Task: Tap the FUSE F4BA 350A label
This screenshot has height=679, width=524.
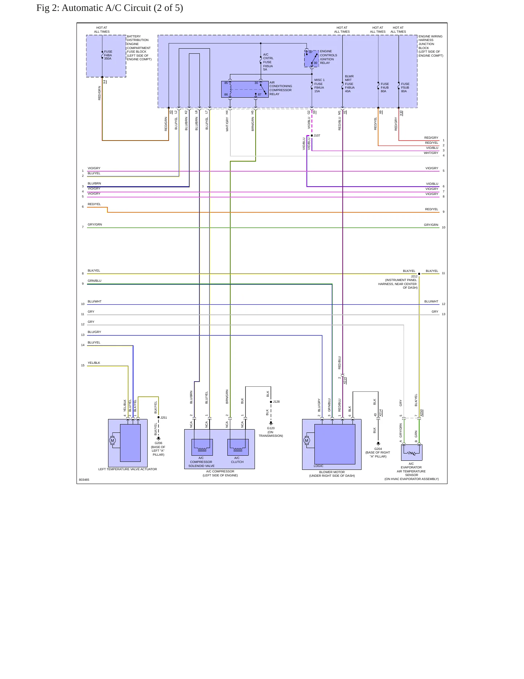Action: [108, 55]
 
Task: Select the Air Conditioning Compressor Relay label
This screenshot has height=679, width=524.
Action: [281, 88]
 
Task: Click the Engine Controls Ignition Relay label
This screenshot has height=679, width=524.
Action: [329, 57]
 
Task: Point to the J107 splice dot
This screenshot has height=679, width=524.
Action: [312, 135]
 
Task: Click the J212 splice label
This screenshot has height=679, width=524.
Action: [414, 276]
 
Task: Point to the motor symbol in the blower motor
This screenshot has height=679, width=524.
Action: [307, 440]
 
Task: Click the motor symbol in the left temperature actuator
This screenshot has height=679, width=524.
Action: [112, 440]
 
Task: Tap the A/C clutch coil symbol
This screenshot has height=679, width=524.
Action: [238, 447]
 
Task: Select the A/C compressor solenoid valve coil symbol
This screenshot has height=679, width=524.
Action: [202, 447]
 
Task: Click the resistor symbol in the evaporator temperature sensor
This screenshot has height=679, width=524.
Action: [412, 453]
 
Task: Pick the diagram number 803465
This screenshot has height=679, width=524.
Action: [84, 480]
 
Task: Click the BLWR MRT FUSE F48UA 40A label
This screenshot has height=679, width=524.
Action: [350, 84]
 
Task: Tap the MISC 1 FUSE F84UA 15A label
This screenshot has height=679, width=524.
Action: [319, 86]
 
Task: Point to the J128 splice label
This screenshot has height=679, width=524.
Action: [276, 402]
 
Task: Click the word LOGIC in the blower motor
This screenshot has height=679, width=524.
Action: [318, 466]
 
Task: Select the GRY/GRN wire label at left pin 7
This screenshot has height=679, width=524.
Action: [95, 224]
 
